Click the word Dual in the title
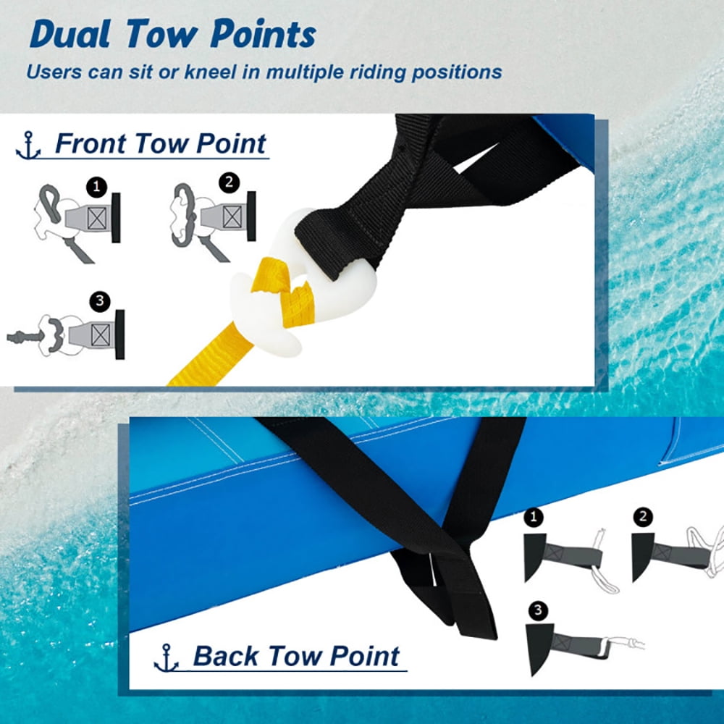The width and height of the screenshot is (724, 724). [x=71, y=34]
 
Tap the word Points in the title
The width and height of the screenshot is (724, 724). [x=264, y=34]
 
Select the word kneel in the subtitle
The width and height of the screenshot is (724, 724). [x=211, y=72]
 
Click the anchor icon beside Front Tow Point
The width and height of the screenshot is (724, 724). [x=28, y=146]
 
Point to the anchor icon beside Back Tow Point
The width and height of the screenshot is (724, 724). [x=167, y=658]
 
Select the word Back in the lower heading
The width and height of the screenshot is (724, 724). [x=226, y=656]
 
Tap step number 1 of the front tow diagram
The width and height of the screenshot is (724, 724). [x=96, y=187]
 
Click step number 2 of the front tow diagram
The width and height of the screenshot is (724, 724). [x=229, y=183]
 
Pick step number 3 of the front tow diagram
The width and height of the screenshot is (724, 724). [x=100, y=302]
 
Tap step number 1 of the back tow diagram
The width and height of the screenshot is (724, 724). [x=534, y=517]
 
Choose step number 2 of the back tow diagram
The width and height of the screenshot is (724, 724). [x=643, y=516]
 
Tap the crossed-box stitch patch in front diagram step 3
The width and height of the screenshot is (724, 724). [x=100, y=334]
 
